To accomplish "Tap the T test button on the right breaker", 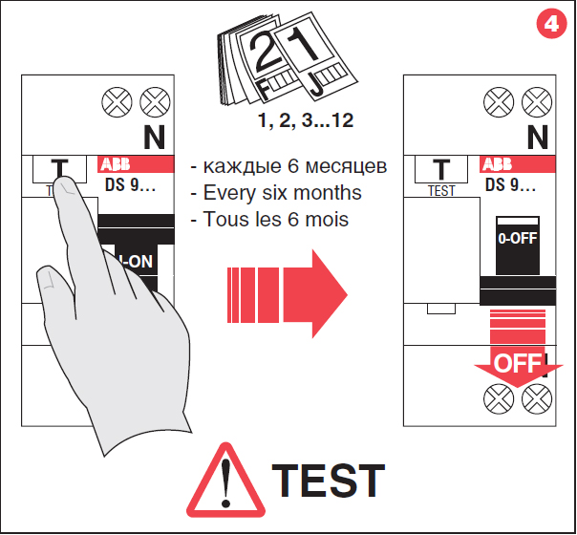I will [x=441, y=169].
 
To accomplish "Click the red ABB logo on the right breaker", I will [x=498, y=163].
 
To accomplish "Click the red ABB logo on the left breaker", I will [x=118, y=163].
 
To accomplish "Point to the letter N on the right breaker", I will [x=538, y=137].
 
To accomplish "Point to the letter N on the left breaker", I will [x=155, y=137].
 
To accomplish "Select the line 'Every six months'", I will [x=282, y=193].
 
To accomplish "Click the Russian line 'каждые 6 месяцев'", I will [x=288, y=166].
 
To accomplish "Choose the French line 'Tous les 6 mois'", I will [x=275, y=220].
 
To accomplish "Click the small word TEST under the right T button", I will [x=441, y=190].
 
